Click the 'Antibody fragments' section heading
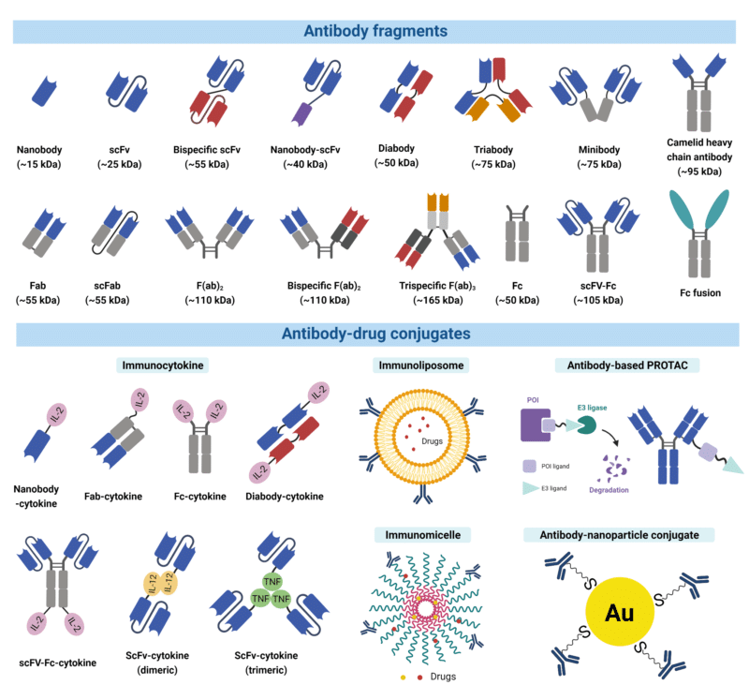click(375, 30)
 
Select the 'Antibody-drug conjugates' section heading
click(375, 335)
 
